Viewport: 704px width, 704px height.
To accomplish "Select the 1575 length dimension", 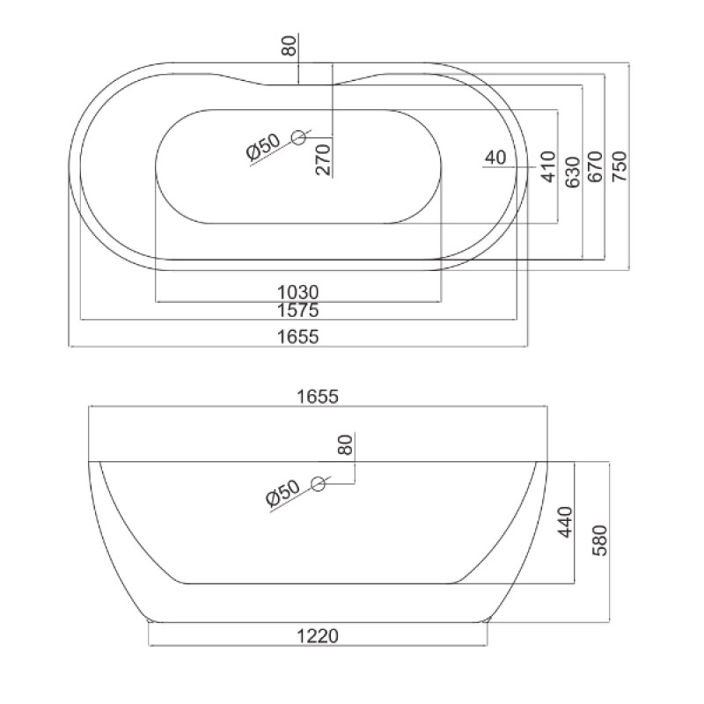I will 297,310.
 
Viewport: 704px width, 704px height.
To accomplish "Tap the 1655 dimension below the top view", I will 297,336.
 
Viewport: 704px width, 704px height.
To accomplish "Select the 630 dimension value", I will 573,166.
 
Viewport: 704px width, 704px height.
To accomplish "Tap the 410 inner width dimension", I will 549,166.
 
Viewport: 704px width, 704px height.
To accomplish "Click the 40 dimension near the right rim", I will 495,158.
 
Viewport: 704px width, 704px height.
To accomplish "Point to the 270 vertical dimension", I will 323,159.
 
